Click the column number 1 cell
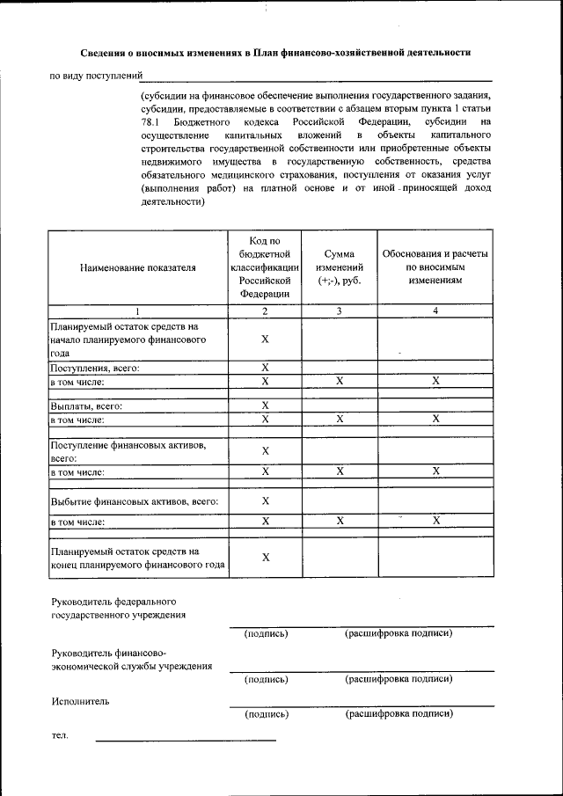pyautogui.click(x=137, y=310)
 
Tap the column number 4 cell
pyautogui.click(x=435, y=310)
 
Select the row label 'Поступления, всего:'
pyautogui.click(x=95, y=368)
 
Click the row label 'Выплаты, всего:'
pyautogui.click(x=86, y=406)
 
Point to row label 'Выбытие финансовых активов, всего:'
pyautogui.click(x=134, y=501)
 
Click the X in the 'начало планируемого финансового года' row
pyautogui.click(x=265, y=340)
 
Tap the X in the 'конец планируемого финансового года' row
pyautogui.click(x=265, y=558)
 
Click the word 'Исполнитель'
pyautogui.click(x=79, y=702)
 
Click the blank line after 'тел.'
pyautogui.click(x=185, y=739)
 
